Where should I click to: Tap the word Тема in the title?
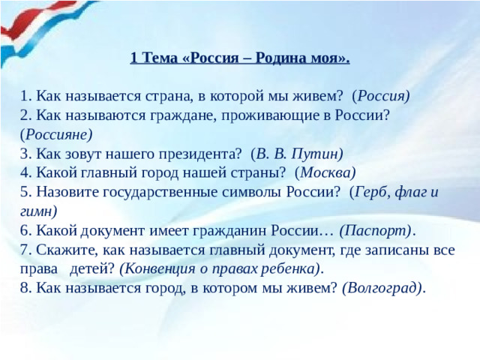(158, 58)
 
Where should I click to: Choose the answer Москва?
(325, 172)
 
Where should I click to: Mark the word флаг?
(412, 191)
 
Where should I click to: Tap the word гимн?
(39, 211)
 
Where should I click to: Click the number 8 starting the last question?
(25, 288)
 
